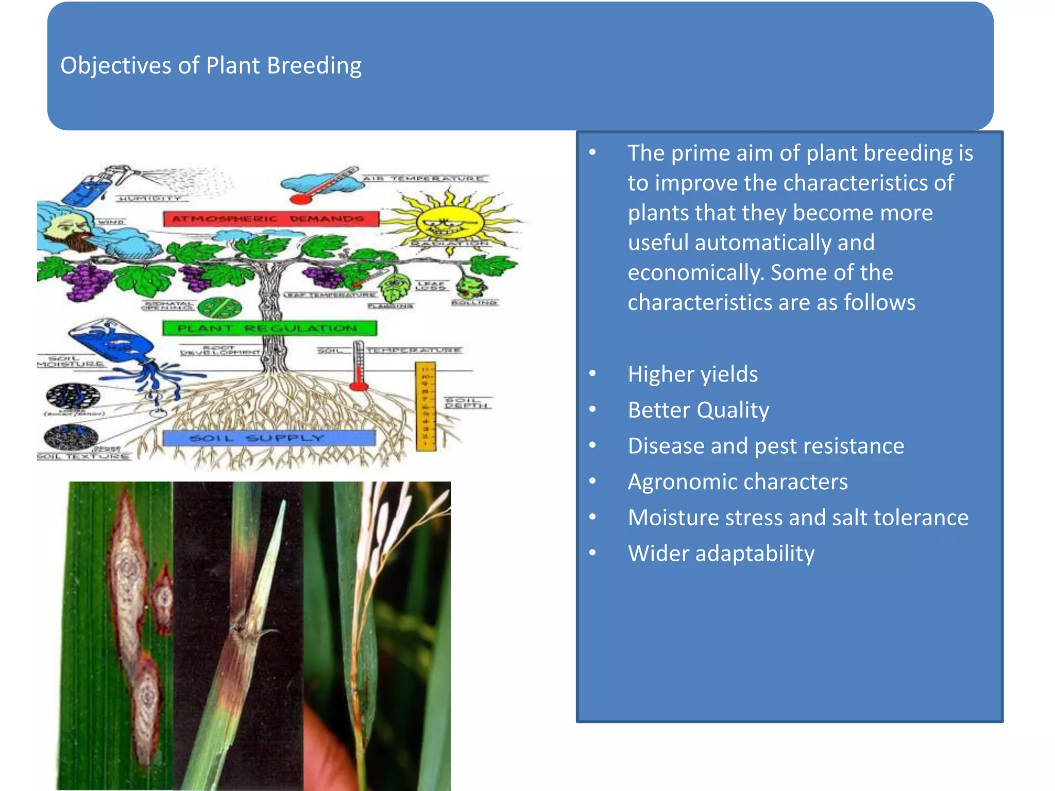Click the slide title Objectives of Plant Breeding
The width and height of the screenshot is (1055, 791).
(211, 66)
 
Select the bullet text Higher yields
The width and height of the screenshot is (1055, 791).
(692, 374)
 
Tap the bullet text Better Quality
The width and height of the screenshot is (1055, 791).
(698, 410)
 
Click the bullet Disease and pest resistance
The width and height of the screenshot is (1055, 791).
(765, 446)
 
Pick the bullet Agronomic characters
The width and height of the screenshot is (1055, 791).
(737, 482)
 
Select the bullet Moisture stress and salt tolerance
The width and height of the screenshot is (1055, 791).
(797, 518)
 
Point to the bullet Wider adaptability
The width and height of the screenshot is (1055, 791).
(721, 554)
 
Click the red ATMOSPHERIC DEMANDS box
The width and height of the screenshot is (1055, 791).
(271, 219)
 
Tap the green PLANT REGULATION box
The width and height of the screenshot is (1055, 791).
(269, 328)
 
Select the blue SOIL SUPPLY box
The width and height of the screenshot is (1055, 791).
(269, 438)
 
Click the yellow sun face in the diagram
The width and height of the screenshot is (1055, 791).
(450, 223)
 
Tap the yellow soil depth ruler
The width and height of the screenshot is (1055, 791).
(426, 406)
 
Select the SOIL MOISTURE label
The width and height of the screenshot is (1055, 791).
(70, 361)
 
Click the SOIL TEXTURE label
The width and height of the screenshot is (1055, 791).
(82, 456)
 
